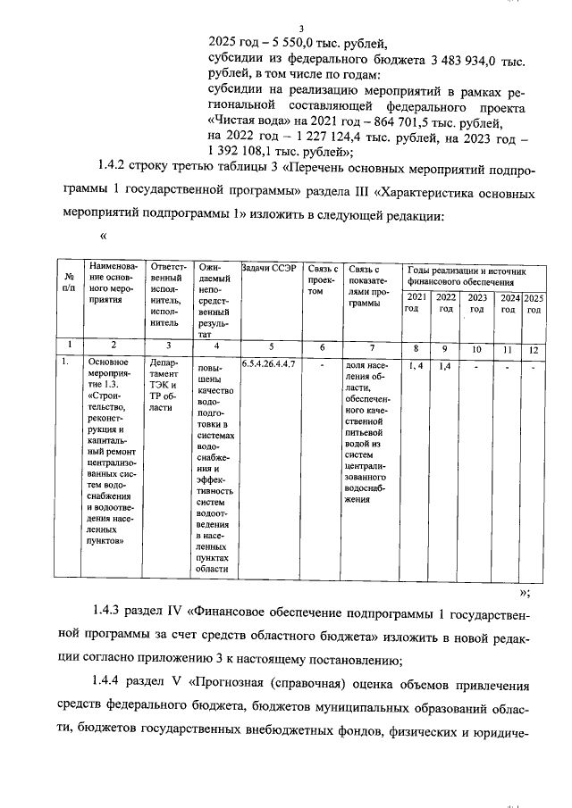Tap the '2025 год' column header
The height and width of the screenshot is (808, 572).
[x=534, y=304]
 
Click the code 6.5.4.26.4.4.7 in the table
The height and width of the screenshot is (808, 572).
[x=268, y=364]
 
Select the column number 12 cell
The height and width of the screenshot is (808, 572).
[x=534, y=347]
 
